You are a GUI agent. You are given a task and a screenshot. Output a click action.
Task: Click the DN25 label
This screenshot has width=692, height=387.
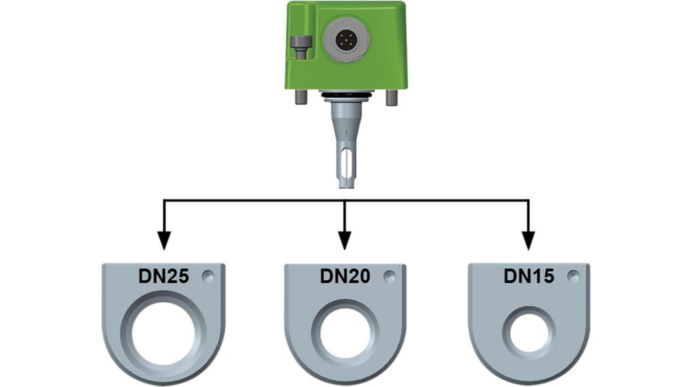(x=164, y=276)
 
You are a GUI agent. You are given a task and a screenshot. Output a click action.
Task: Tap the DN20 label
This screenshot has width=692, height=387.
(x=345, y=276)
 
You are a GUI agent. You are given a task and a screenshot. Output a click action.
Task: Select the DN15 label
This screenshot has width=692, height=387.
(x=528, y=276)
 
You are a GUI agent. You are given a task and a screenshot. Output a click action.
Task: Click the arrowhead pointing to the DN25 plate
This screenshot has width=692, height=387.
(x=164, y=241)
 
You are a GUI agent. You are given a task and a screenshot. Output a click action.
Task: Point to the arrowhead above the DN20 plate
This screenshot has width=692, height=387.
(x=344, y=241)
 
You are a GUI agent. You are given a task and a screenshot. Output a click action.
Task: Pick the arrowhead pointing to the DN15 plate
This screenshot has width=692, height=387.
(x=528, y=241)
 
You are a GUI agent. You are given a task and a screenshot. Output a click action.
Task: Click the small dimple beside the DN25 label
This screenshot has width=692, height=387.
(x=208, y=276)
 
